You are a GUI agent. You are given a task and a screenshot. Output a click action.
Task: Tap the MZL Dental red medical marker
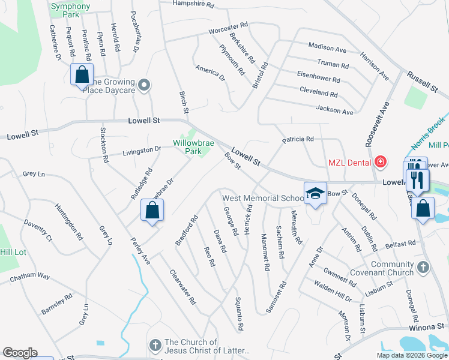(380, 162)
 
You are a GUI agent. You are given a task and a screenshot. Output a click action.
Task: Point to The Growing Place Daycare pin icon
(143, 86)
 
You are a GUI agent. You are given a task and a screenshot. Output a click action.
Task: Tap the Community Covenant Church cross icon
(423, 268)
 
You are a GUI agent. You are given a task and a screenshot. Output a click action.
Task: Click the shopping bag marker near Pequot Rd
(82, 75)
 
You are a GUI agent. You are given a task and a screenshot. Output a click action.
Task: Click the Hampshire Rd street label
(193, 4)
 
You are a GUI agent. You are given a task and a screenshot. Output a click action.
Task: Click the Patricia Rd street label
(298, 139)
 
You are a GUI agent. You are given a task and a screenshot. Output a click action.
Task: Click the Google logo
(20, 353)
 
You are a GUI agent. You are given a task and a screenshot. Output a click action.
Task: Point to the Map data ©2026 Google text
(411, 355)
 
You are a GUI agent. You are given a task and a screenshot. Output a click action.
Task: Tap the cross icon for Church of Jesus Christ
(155, 345)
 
